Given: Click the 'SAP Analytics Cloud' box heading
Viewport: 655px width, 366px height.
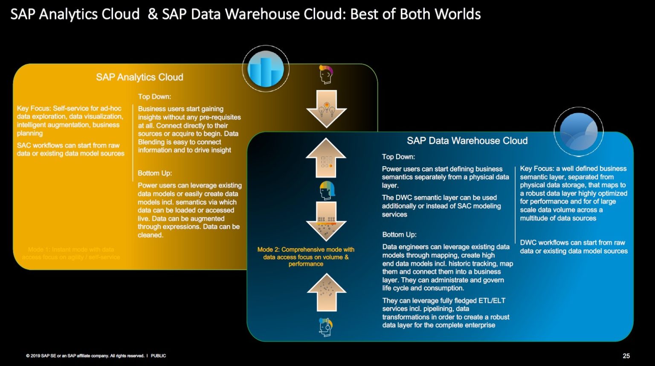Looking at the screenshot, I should pyautogui.click(x=139, y=77).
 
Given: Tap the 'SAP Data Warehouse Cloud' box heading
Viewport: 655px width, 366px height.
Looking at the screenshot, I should pyautogui.click(x=467, y=141).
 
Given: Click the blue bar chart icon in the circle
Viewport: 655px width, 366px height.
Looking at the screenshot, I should pyautogui.click(x=265, y=69).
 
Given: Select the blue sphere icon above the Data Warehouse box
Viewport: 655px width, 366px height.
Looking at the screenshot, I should pyautogui.click(x=578, y=131).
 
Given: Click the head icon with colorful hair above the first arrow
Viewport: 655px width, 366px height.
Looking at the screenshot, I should pyautogui.click(x=326, y=74).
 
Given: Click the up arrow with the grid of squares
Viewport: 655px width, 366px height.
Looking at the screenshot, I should pyautogui.click(x=326, y=158).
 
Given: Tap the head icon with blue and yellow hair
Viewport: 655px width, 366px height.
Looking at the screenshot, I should pyautogui.click(x=327, y=190).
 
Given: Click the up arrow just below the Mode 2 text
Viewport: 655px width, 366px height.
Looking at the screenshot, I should pyautogui.click(x=326, y=292).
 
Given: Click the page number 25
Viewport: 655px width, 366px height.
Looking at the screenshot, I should pyautogui.click(x=626, y=356).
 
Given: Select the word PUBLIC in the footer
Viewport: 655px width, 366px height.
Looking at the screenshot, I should pyautogui.click(x=158, y=356).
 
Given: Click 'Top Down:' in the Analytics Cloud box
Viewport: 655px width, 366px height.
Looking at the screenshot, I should pyautogui.click(x=154, y=97).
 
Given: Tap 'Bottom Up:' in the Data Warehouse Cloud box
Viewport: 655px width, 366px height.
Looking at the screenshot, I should pyautogui.click(x=399, y=234).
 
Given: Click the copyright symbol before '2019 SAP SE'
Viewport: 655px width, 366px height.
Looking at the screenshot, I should pyautogui.click(x=28, y=356).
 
